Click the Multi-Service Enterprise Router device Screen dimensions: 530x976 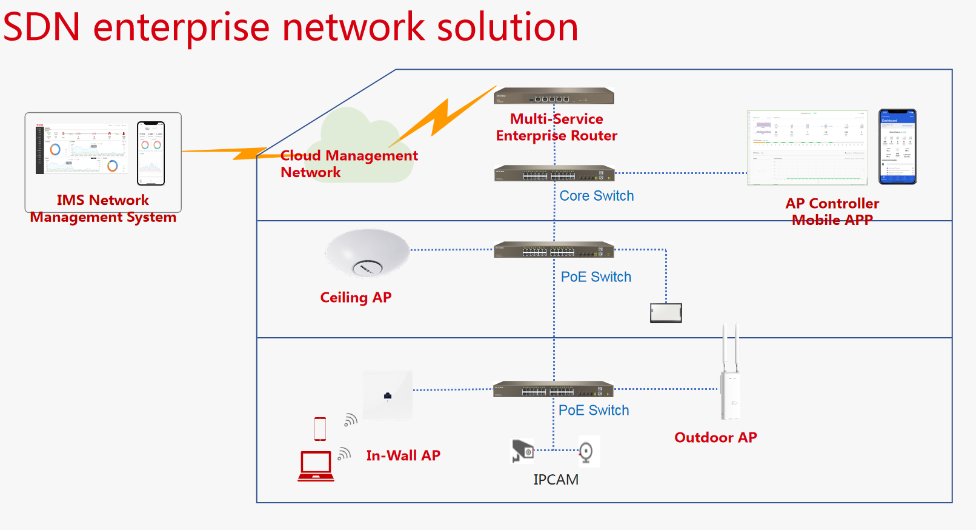pyautogui.click(x=554, y=96)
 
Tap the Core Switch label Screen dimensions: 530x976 pyautogui.click(x=596, y=196)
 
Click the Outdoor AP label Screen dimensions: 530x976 pyautogui.click(x=715, y=438)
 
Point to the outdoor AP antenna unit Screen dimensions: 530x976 pyautogui.click(x=730, y=376)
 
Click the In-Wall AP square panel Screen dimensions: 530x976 pyautogui.click(x=388, y=395)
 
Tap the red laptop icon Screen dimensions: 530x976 pyautogui.click(x=316, y=466)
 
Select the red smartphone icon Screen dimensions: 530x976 pyautogui.click(x=320, y=429)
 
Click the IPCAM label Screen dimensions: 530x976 pyautogui.click(x=556, y=480)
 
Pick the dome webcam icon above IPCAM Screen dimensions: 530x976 pyautogui.click(x=586, y=451)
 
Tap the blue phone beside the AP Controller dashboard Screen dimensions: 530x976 pyautogui.click(x=897, y=147)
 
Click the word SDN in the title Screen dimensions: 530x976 pyautogui.click(x=42, y=27)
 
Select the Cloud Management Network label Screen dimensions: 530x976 pyautogui.click(x=348, y=164)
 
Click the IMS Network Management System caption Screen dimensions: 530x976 pyautogui.click(x=103, y=209)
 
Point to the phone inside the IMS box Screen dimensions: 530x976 pyautogui.click(x=151, y=153)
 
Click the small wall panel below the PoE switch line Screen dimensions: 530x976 pyautogui.click(x=666, y=313)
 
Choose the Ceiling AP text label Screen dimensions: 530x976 pyautogui.click(x=356, y=298)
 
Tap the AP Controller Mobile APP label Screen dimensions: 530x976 pyautogui.click(x=832, y=212)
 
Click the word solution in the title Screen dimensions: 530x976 pyautogui.click(x=507, y=27)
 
